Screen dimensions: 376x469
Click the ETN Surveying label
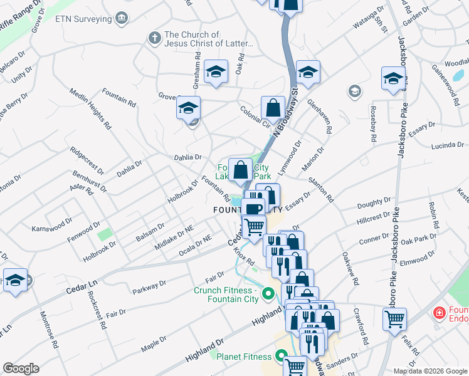click(83, 19)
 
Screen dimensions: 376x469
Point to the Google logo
click(21, 368)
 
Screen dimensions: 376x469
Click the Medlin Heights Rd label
click(87, 115)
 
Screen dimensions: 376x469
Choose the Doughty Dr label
click(374, 204)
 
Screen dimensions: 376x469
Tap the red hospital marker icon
click(440, 311)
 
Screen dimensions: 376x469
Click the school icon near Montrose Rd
click(15, 280)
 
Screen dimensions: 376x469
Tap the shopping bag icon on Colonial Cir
click(273, 108)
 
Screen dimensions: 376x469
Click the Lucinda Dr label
click(446, 145)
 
